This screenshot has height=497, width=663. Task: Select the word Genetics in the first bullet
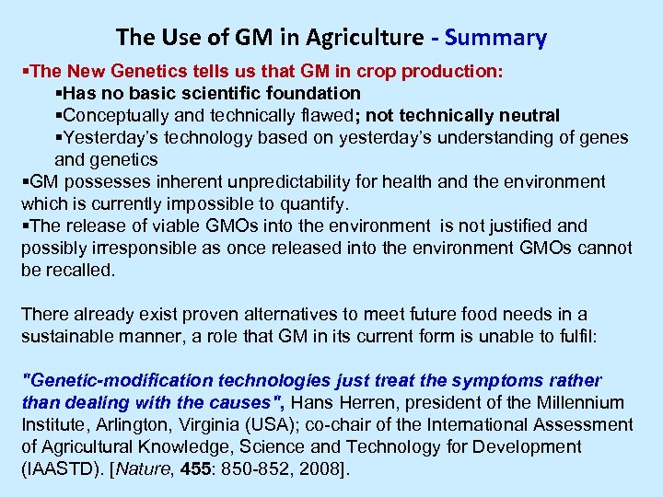133,71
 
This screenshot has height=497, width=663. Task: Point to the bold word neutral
527,115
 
